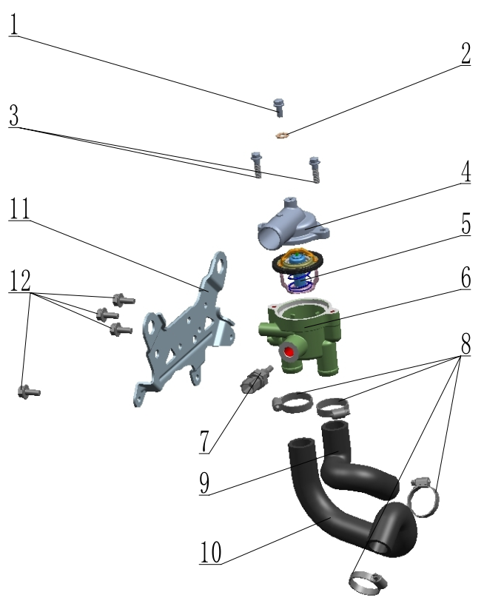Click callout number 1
tap(14, 24)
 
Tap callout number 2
tap(465, 53)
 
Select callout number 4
tap(465, 172)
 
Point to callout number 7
tap(204, 442)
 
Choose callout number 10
tap(211, 552)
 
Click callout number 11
tap(19, 209)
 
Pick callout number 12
tap(20, 280)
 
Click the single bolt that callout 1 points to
tap(278, 107)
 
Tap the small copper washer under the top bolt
tap(282, 135)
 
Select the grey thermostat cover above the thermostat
tap(292, 224)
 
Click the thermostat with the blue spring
tap(298, 271)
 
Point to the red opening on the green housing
tap(289, 352)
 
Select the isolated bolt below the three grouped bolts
tap(29, 391)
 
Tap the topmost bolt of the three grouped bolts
tap(124, 300)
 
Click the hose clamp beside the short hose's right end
tap(423, 497)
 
